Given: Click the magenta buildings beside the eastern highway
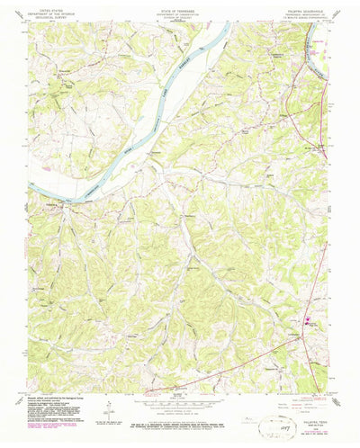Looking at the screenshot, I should pyautogui.click(x=310, y=319).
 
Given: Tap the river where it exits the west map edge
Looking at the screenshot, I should pyautogui.click(x=32, y=188).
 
